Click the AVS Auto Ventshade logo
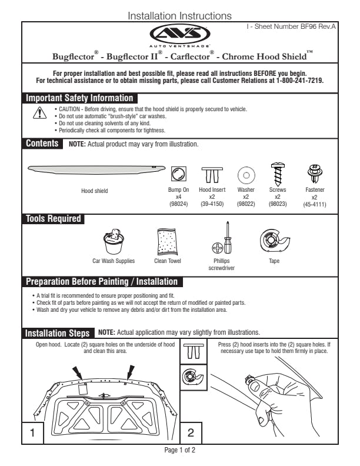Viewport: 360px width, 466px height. click(179, 34)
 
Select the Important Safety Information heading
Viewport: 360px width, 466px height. click(80, 98)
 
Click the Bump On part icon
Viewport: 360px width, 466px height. click(178, 173)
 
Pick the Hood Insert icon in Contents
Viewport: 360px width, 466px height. click(212, 175)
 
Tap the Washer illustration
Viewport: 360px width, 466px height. click(246, 175)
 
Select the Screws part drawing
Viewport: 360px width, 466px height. click(276, 174)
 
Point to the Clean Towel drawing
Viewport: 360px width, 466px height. click(168, 241)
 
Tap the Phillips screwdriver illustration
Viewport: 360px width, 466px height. click(222, 238)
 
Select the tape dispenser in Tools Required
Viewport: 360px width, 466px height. click(274, 240)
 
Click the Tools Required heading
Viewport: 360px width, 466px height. click(53, 219)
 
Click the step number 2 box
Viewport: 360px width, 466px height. click(191, 432)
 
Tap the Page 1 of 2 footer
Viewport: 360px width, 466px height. click(179, 450)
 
